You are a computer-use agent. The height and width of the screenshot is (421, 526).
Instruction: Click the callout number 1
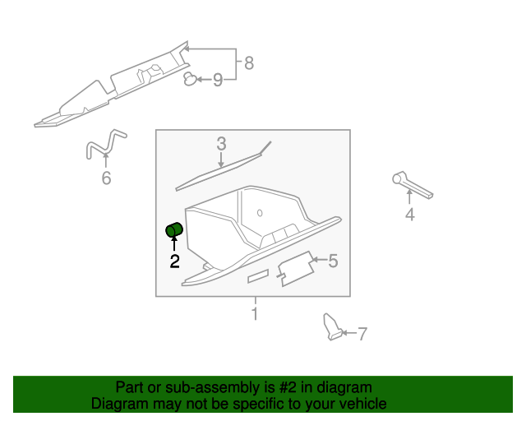[255, 313]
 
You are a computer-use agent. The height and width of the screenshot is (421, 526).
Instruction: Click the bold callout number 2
[174, 261]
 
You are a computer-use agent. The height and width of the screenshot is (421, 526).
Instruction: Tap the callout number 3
[221, 144]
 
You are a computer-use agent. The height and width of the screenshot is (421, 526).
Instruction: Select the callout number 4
[409, 215]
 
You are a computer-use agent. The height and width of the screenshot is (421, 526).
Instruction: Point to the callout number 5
[333, 261]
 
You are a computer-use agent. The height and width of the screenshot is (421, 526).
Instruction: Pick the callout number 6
[106, 178]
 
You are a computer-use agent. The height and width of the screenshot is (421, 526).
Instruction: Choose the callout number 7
[362, 334]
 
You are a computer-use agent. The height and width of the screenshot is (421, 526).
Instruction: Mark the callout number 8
[248, 62]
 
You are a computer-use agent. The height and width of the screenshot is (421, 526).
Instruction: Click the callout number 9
[218, 80]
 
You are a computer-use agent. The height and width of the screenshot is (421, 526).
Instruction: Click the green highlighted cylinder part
[174, 230]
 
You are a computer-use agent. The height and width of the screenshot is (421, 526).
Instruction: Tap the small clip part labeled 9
[191, 79]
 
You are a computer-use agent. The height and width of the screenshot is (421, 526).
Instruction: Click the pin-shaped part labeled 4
[411, 185]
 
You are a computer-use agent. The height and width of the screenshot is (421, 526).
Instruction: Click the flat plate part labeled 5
[295, 268]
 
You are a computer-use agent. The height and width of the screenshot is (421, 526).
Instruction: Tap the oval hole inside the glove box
[260, 214]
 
